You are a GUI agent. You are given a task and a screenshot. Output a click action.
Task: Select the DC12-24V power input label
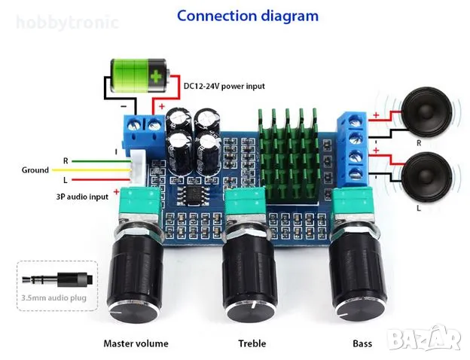[224, 86]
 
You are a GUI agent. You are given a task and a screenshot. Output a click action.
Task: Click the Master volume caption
[136, 343]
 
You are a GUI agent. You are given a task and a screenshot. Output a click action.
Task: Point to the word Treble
[252, 343]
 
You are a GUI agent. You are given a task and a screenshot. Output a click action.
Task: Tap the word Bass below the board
[362, 343]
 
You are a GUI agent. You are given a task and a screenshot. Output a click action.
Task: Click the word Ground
[35, 170]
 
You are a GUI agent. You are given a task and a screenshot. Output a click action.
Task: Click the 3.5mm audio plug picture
[57, 279]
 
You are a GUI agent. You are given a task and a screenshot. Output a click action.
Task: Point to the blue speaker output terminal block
[352, 146]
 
